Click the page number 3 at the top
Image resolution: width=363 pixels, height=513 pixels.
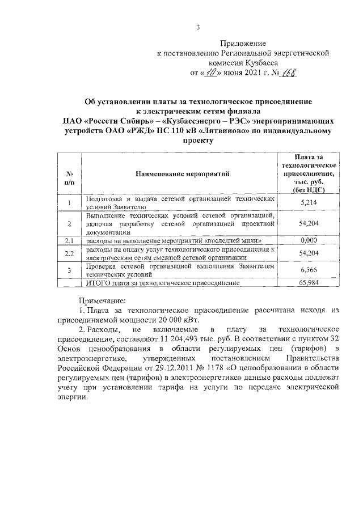[x=199, y=27]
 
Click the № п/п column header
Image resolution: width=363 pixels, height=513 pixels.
[x=69, y=174]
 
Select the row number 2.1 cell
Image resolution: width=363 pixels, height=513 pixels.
[x=69, y=241]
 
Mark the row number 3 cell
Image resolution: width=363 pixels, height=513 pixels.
[x=69, y=270]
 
